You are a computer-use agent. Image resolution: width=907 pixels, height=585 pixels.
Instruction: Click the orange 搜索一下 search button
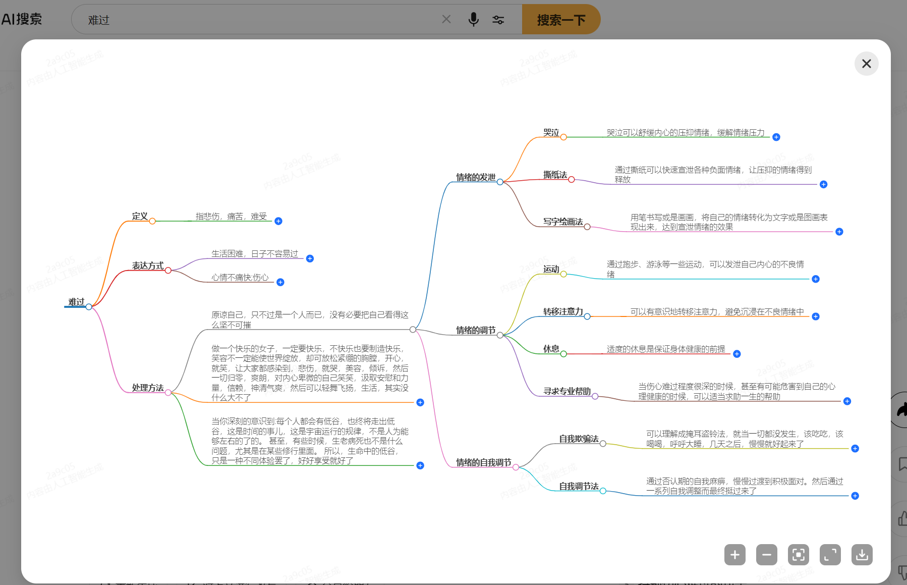561,20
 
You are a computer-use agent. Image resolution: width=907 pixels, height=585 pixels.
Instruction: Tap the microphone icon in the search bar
473,20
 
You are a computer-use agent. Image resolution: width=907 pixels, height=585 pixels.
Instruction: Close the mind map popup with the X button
866,64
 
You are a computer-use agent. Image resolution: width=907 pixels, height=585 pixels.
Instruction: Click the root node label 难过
77,302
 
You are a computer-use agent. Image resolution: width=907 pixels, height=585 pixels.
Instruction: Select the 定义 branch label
140,217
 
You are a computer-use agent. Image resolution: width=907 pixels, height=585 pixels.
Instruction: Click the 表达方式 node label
148,266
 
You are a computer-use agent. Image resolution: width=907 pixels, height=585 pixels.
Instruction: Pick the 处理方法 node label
148,388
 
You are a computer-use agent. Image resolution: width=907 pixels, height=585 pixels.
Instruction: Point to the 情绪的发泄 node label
476,177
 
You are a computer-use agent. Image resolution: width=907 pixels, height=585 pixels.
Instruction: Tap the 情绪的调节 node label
476,330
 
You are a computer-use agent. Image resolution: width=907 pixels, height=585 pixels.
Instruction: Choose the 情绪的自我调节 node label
484,462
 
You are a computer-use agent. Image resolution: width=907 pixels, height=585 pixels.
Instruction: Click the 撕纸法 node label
555,175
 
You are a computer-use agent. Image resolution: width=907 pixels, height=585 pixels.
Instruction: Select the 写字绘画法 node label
563,222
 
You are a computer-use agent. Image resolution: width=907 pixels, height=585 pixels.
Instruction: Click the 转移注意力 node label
563,311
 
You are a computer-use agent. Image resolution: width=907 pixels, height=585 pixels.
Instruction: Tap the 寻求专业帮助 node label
567,391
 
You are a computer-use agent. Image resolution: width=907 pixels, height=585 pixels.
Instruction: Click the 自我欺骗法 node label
579,439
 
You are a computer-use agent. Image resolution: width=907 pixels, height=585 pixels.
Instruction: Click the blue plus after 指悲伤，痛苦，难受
278,221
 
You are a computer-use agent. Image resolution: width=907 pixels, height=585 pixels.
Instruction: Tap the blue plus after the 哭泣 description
776,137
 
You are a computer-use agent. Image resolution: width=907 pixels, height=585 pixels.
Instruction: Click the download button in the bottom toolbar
862,555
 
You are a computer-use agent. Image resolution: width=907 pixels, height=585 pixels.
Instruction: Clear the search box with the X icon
446,19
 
